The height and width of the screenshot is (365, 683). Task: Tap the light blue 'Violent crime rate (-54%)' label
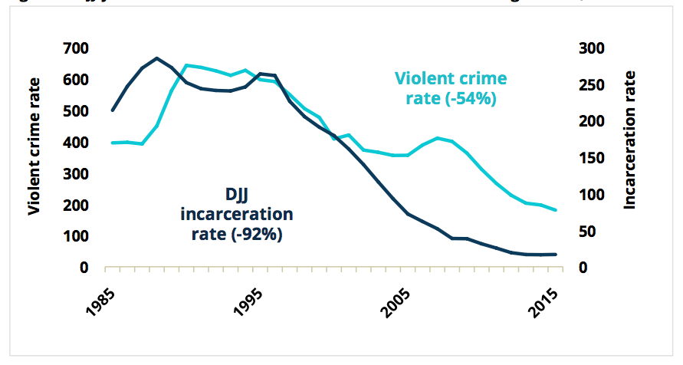click(x=450, y=89)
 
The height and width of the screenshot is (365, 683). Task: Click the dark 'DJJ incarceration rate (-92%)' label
click(x=237, y=213)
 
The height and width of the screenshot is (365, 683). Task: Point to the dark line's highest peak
click(x=157, y=58)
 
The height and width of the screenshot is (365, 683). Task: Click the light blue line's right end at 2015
click(x=557, y=210)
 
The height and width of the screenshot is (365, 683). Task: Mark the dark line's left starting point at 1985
click(x=113, y=110)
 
